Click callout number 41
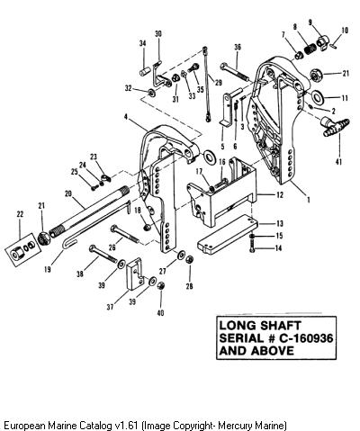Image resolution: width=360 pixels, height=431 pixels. [338, 162]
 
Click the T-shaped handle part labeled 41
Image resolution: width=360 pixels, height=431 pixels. [335, 127]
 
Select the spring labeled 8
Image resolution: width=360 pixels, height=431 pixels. [310, 49]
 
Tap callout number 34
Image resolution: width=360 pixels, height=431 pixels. [143, 43]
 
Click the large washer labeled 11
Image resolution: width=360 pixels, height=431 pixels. [317, 96]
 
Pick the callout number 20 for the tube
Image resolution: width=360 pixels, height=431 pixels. [68, 194]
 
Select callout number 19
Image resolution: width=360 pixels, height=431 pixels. [48, 269]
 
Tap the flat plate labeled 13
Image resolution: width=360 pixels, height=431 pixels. [228, 235]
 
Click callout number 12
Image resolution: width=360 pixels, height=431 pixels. [280, 195]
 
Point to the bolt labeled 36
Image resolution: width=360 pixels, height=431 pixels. [235, 72]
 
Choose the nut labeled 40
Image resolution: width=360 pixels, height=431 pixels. [161, 286]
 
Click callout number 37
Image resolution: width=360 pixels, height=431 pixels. [110, 307]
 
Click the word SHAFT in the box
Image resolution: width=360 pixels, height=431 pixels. [280, 326]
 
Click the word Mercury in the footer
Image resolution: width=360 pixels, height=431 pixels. [236, 426]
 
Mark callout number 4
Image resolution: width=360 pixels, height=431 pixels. [127, 117]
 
